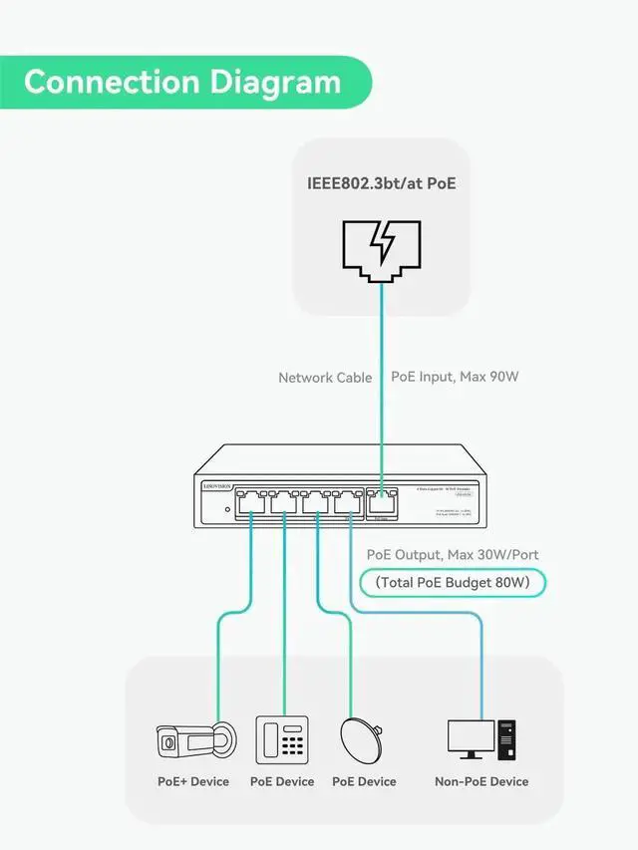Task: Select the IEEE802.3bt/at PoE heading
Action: (382, 183)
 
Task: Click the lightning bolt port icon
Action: (382, 246)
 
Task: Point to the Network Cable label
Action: (325, 378)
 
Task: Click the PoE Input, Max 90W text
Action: (455, 377)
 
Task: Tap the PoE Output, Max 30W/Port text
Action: (454, 554)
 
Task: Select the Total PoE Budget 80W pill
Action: (454, 582)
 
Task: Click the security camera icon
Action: (195, 740)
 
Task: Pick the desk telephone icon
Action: (282, 740)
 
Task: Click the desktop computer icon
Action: (481, 740)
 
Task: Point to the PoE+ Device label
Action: (193, 782)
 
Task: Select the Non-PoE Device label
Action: (481, 782)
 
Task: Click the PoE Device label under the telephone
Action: (282, 782)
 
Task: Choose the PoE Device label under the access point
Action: (364, 782)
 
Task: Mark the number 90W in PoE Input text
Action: (503, 377)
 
